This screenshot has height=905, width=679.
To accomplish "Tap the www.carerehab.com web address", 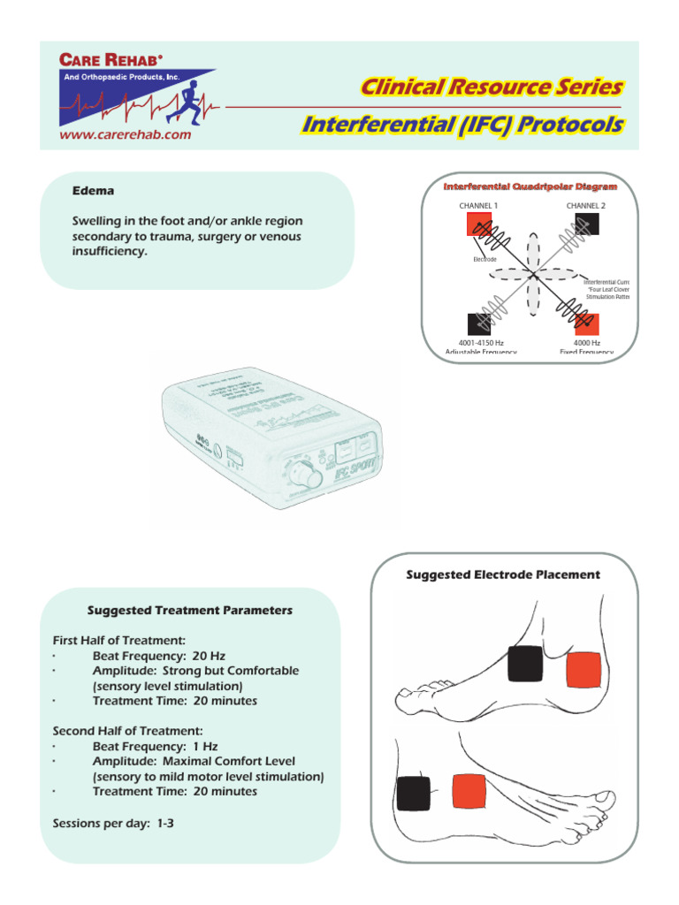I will [124, 135].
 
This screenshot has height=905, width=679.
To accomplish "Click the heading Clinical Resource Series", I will [491, 87].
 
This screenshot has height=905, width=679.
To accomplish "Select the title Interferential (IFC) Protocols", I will [462, 125].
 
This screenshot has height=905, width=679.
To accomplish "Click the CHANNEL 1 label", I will [478, 206].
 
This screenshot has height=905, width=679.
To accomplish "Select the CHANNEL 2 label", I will [586, 206].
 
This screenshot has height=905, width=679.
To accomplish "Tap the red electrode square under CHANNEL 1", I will [478, 224].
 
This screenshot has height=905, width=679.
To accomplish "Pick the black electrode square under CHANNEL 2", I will [586, 224].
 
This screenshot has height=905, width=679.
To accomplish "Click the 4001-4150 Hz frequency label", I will [481, 343].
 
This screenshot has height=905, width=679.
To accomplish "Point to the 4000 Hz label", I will [586, 343].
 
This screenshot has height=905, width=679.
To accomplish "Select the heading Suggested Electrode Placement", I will [502, 574].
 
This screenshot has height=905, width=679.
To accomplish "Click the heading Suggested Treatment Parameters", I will [190, 611].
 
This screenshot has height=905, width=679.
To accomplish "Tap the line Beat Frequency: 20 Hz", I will [159, 656].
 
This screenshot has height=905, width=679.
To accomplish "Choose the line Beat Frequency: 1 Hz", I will [155, 746].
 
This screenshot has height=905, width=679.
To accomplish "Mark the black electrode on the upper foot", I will [524, 664].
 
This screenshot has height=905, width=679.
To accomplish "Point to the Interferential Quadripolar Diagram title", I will [530, 186].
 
